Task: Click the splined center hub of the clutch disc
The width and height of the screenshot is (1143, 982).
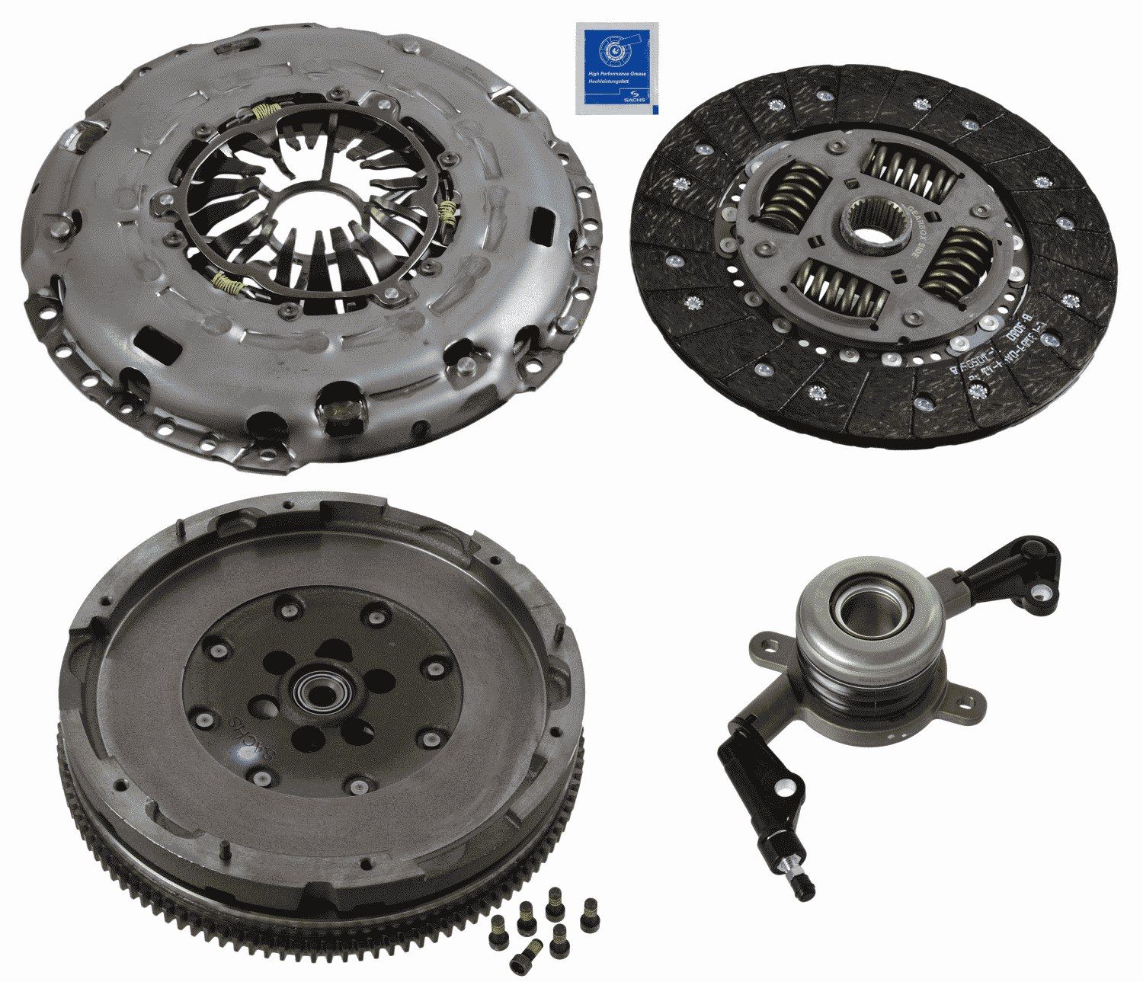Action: [x=875, y=224]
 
